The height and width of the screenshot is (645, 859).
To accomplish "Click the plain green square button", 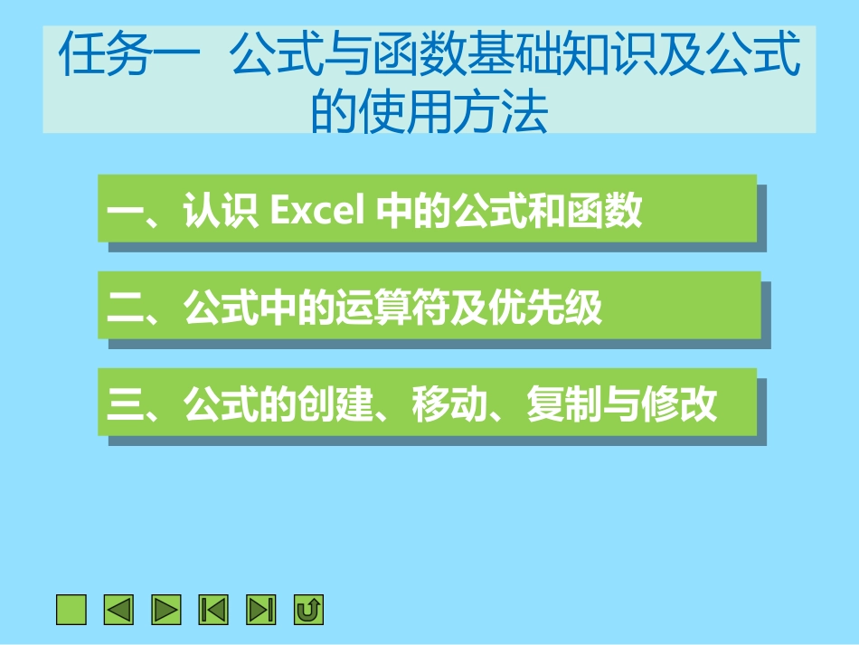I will (x=71, y=610).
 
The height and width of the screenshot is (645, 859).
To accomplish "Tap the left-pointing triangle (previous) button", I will (x=118, y=610).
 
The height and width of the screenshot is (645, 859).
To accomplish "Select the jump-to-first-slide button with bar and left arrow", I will (x=214, y=610).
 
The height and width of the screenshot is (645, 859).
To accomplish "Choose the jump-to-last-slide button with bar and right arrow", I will (x=261, y=610).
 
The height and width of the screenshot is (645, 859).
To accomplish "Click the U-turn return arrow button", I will (x=308, y=610).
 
